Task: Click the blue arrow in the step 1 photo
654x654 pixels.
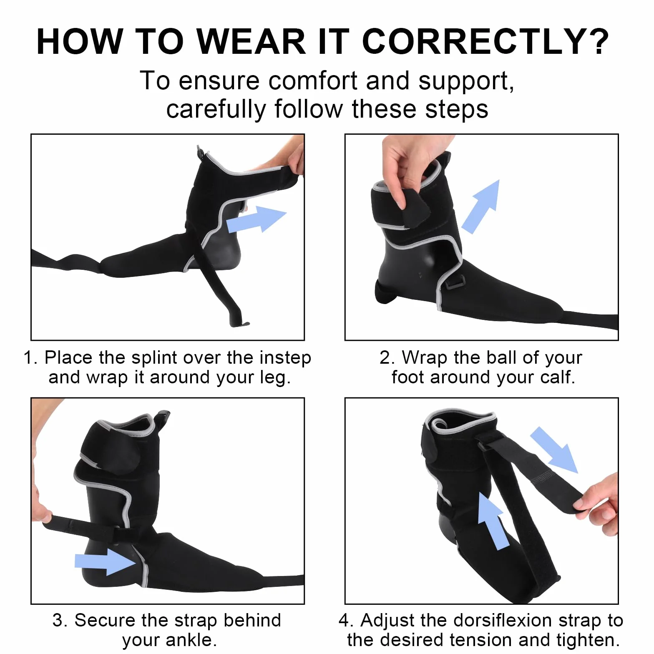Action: pyautogui.click(x=256, y=219)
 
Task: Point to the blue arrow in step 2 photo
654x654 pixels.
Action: pyautogui.click(x=481, y=206)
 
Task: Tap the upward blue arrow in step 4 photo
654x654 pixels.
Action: pyautogui.click(x=493, y=521)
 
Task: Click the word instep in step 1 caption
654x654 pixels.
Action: pyautogui.click(x=285, y=358)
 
